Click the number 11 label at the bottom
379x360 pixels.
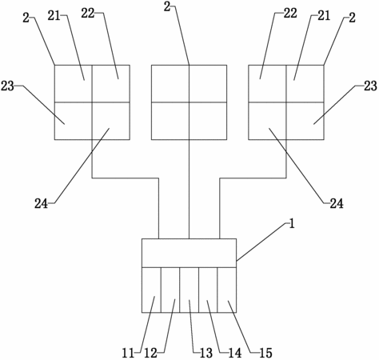128,354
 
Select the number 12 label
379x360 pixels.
150,354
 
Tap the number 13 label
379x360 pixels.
206,354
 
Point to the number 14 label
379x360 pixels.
235,354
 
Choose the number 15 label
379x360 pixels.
265,354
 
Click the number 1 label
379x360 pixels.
292,224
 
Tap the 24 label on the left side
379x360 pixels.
41,204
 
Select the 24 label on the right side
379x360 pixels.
337,204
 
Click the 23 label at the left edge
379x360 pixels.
7,86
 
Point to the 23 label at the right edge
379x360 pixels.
370,86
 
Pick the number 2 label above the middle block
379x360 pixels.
167,6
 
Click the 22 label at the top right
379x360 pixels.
290,14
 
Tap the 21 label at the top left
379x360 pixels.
54,16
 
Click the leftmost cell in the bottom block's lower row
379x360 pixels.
151,290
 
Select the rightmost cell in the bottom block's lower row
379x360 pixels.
226,290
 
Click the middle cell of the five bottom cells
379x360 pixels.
189,290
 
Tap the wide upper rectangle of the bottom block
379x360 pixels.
189,253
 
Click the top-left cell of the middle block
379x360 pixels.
170,83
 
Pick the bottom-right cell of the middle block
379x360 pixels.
208,121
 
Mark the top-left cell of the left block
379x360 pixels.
74,83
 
